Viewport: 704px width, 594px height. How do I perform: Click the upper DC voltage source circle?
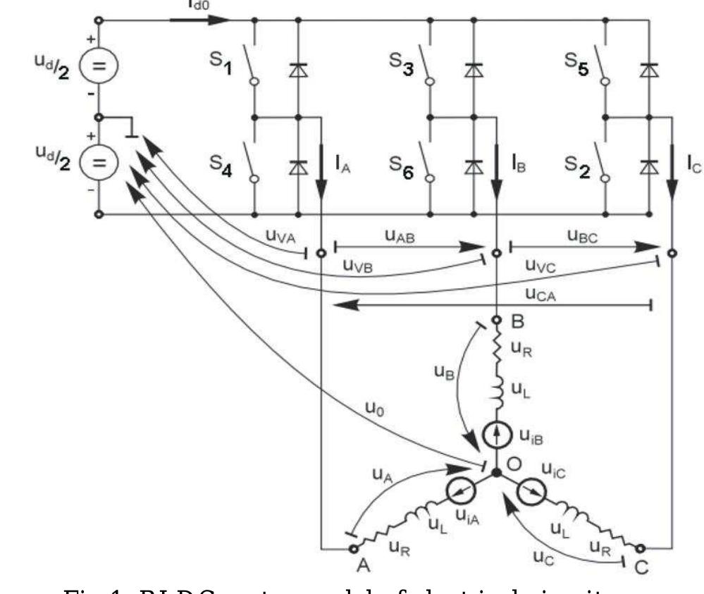[x=99, y=68]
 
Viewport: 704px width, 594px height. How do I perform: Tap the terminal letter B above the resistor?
[x=517, y=323]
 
